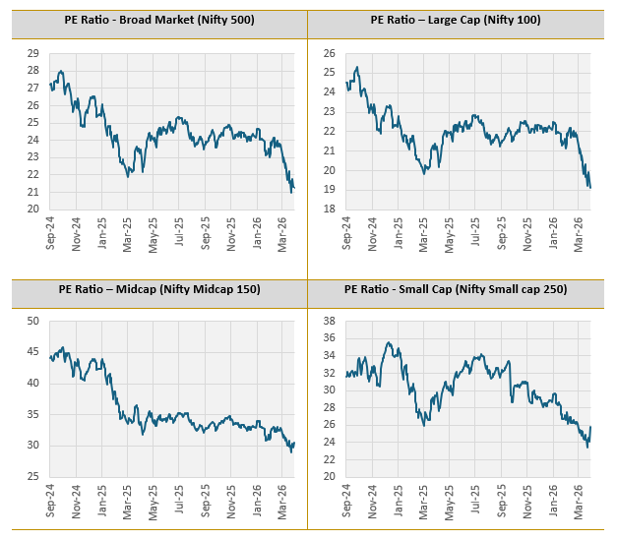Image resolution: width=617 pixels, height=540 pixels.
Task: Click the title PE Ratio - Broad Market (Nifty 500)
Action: (154, 20)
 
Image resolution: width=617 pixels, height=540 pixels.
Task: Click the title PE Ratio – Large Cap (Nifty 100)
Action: (456, 20)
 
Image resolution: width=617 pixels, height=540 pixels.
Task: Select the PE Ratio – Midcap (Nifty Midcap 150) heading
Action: (154, 289)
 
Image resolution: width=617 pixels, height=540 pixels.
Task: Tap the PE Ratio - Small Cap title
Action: (456, 289)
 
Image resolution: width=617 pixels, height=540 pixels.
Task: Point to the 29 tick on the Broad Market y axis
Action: (33, 53)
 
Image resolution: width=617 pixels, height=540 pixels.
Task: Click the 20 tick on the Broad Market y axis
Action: (33, 210)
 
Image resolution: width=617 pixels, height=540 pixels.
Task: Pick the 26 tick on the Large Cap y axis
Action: (330, 53)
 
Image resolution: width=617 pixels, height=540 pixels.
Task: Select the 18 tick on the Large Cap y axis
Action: (330, 210)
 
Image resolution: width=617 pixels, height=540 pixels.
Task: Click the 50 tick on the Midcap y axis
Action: (33, 321)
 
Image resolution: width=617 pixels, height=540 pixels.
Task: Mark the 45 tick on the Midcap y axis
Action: (33, 352)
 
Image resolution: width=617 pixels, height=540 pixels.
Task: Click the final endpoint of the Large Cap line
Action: (589, 187)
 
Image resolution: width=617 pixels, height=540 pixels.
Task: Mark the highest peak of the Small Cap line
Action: (389, 342)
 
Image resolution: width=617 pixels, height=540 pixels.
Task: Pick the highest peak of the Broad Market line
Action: (61, 71)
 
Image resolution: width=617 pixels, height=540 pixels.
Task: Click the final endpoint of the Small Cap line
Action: (590, 427)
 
